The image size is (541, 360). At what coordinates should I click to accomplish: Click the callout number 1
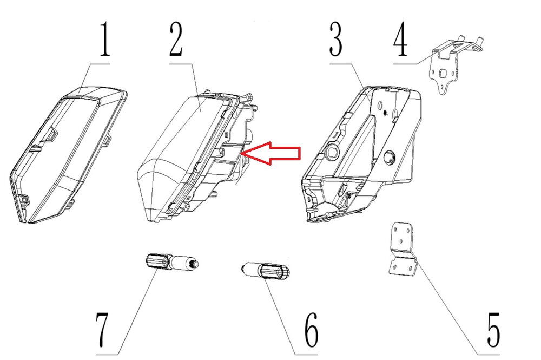coord(105,38)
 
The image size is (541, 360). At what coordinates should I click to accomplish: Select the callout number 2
coord(176,38)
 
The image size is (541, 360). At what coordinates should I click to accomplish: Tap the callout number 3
coord(336,38)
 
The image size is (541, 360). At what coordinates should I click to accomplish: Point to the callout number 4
coord(400,38)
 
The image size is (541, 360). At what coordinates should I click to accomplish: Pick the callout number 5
coord(494,330)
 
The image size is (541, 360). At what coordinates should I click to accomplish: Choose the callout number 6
coord(312,330)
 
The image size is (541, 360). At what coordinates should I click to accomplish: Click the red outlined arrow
coord(271,153)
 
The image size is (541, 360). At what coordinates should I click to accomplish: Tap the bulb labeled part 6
coord(265,270)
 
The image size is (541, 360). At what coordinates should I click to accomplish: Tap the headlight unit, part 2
coord(197,155)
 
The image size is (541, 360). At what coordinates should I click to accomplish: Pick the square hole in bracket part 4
coord(442,74)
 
